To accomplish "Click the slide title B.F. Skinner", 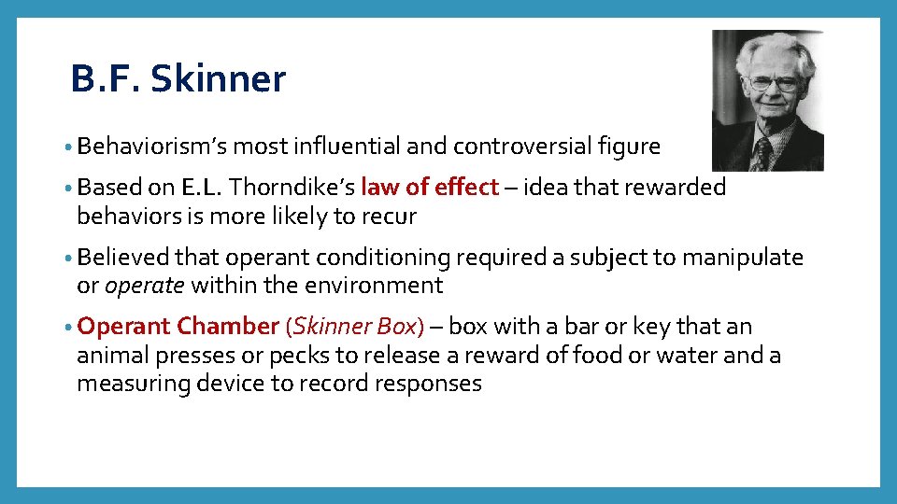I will pyautogui.click(x=178, y=80).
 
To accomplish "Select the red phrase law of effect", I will pyautogui.click(x=430, y=188).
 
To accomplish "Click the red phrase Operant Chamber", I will pyautogui.click(x=178, y=327).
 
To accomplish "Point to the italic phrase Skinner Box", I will pyautogui.click(x=355, y=327).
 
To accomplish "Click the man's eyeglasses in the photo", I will pyautogui.click(x=773, y=82).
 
